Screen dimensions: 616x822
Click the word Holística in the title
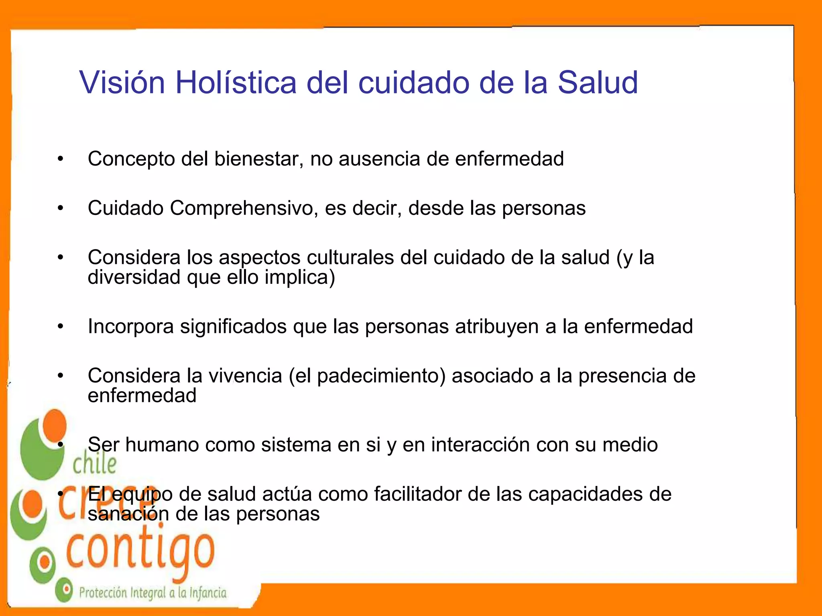point(236,83)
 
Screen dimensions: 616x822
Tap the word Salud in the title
point(598,83)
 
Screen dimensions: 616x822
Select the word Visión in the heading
point(122,83)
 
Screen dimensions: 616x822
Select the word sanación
point(128,514)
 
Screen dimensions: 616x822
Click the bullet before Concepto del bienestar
point(60,159)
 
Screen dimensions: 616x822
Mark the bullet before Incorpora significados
point(60,326)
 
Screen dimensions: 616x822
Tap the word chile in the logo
point(95,464)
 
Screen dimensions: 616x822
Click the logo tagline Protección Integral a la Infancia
point(153,593)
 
